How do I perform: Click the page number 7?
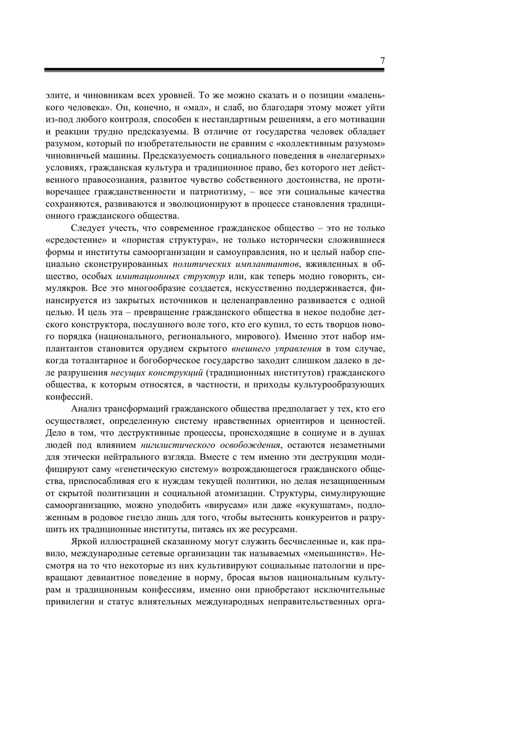click(382, 61)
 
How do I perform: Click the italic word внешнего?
click(253, 349)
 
